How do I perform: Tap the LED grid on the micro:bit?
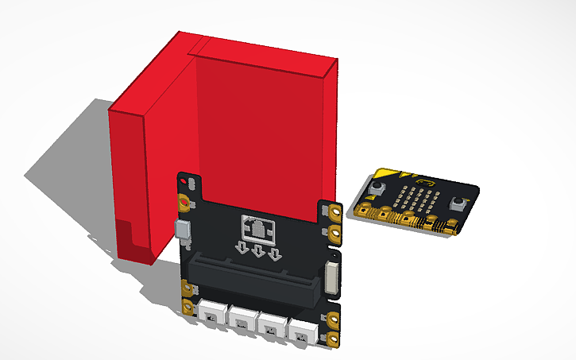415,198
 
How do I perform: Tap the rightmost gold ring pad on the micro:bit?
450,229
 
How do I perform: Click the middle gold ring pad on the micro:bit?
408,219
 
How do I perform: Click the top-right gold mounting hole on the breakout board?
335,212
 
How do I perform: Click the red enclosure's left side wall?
127,183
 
